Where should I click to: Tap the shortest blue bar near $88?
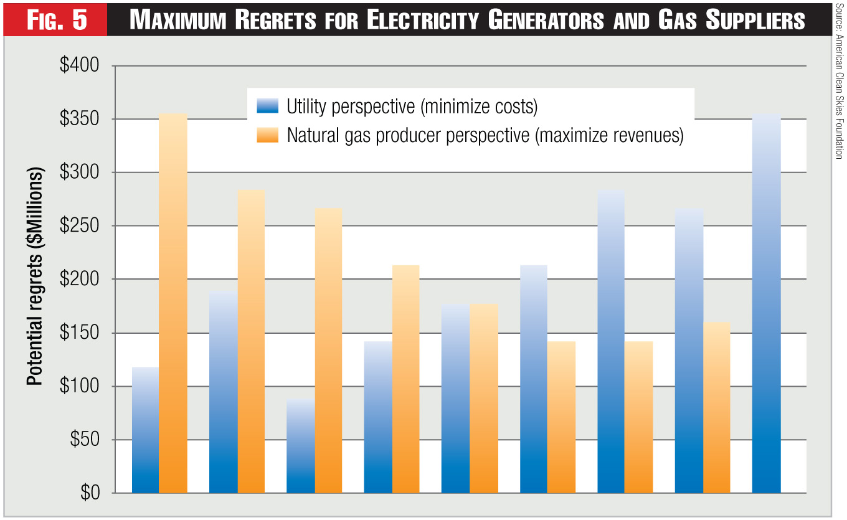pos(301,446)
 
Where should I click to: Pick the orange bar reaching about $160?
pos(716,407)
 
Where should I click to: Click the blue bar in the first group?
pos(145,430)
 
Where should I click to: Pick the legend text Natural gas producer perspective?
pos(485,136)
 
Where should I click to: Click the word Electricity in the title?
pos(423,21)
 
